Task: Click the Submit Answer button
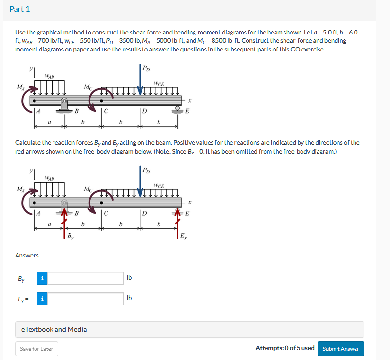tap(340, 349)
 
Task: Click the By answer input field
tap(86, 278)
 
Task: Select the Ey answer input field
tap(86, 299)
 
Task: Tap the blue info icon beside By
tap(42, 278)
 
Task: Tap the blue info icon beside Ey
tap(42, 299)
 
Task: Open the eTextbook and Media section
tap(54, 329)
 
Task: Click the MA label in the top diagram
tap(20, 86)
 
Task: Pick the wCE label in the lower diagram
tap(159, 186)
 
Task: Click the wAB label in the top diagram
tap(49, 76)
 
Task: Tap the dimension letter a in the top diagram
tap(49, 122)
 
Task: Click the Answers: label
tap(28, 255)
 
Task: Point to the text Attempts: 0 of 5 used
tap(284, 348)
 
